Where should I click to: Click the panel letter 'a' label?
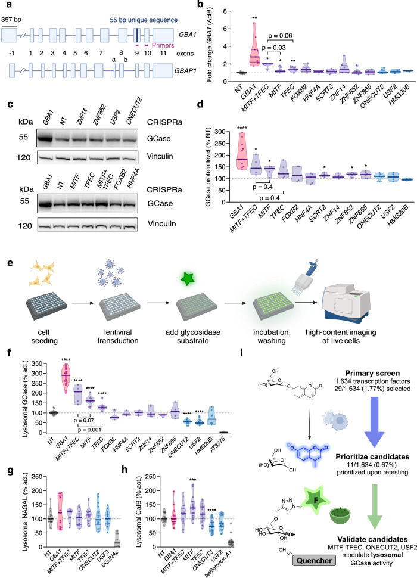pos(5,5)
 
